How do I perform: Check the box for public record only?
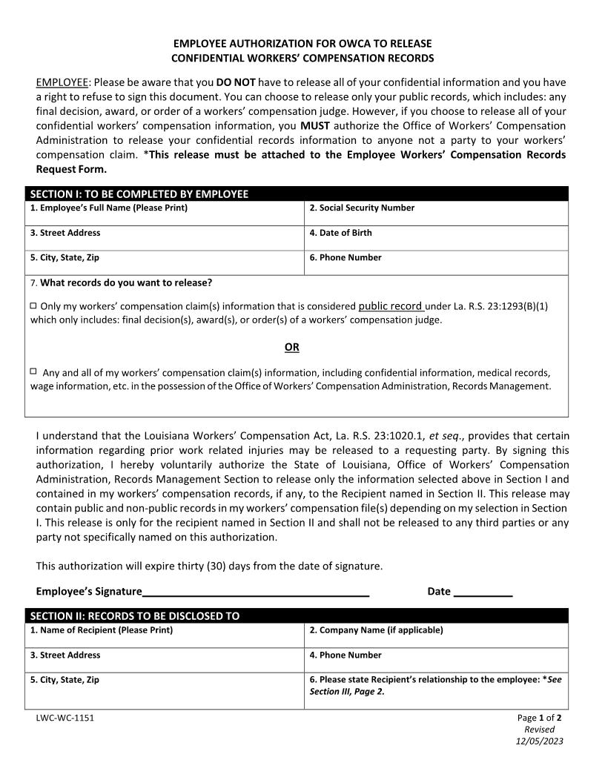point(33,305)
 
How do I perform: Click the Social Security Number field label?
point(362,208)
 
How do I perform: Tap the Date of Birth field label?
point(340,233)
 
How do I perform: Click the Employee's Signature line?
point(256,592)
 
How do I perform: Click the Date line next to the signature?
point(483,592)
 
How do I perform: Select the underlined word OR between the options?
point(292,347)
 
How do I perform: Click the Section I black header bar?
point(297,194)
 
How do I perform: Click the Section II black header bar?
point(297,616)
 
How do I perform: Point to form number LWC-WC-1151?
point(65,718)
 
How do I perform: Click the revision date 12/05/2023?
point(539,741)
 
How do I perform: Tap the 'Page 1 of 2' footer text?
point(539,718)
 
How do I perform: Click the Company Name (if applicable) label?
point(376,630)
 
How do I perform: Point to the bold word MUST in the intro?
point(314,125)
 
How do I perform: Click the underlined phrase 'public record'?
point(391,305)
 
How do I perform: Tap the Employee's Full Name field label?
point(109,208)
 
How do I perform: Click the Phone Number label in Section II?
point(346,655)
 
